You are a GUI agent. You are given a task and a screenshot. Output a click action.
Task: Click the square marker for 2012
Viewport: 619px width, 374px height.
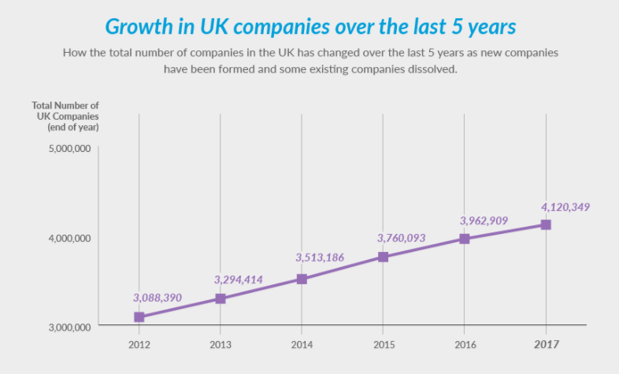click(139, 317)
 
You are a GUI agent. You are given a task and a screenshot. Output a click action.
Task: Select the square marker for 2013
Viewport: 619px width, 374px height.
click(221, 298)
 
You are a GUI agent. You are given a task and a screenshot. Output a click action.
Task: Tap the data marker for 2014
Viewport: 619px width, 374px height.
click(302, 279)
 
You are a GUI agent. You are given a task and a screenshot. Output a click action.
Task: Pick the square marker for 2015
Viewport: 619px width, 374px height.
click(383, 257)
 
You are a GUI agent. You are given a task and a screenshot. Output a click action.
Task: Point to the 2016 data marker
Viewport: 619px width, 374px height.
click(465, 239)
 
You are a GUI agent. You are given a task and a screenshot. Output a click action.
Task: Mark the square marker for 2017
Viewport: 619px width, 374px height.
click(546, 224)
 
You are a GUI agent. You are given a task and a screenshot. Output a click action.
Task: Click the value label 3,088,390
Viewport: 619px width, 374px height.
click(158, 298)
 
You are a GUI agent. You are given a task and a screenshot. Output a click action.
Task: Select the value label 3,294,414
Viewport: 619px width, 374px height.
click(239, 279)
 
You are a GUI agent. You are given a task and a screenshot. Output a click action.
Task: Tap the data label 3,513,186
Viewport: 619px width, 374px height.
click(320, 257)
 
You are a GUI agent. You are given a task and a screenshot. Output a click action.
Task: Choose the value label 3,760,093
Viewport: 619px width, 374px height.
click(402, 238)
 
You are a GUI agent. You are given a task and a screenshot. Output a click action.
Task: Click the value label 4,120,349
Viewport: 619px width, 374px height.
click(565, 207)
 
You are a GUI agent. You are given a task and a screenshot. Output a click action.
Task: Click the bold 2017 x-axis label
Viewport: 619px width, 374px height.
click(546, 344)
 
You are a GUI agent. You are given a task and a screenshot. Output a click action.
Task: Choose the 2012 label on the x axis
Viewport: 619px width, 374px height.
click(139, 344)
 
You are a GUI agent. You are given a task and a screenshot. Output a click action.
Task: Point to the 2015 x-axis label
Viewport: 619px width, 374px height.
click(383, 344)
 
